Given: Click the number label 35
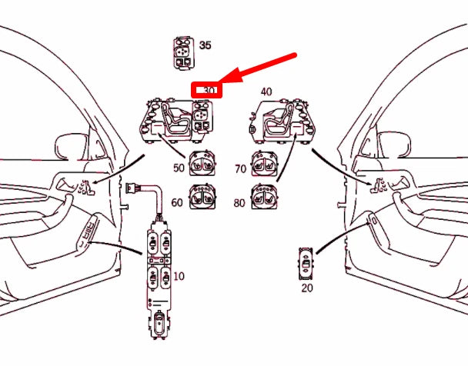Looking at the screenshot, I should click(x=205, y=45).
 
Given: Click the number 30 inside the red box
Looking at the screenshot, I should click(x=209, y=91).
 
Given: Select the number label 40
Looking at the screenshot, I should click(x=266, y=91).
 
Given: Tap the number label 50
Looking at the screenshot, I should click(x=179, y=167).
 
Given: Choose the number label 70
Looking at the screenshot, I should click(x=239, y=167).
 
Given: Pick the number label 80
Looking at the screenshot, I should click(x=239, y=203).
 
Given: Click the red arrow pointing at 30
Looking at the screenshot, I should click(x=258, y=68).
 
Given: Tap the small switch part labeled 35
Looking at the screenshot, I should click(x=184, y=52).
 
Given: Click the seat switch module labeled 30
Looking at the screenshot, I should click(x=179, y=119).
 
